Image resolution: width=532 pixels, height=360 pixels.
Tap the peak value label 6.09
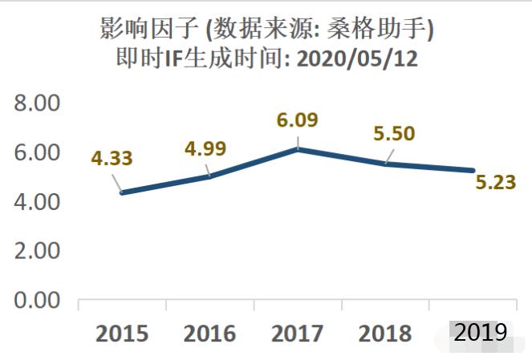(x=296, y=120)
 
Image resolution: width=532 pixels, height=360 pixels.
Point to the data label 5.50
(x=393, y=133)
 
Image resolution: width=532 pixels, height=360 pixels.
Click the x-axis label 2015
(x=122, y=334)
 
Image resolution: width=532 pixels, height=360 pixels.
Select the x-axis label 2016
(x=209, y=334)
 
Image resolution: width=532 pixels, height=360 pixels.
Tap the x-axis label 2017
(x=297, y=334)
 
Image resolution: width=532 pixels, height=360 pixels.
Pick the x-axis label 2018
(x=385, y=334)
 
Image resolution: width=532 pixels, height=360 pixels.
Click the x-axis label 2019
(x=480, y=332)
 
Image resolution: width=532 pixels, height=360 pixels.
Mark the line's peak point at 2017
(x=298, y=149)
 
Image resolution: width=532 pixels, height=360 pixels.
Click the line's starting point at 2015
(x=122, y=192)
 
